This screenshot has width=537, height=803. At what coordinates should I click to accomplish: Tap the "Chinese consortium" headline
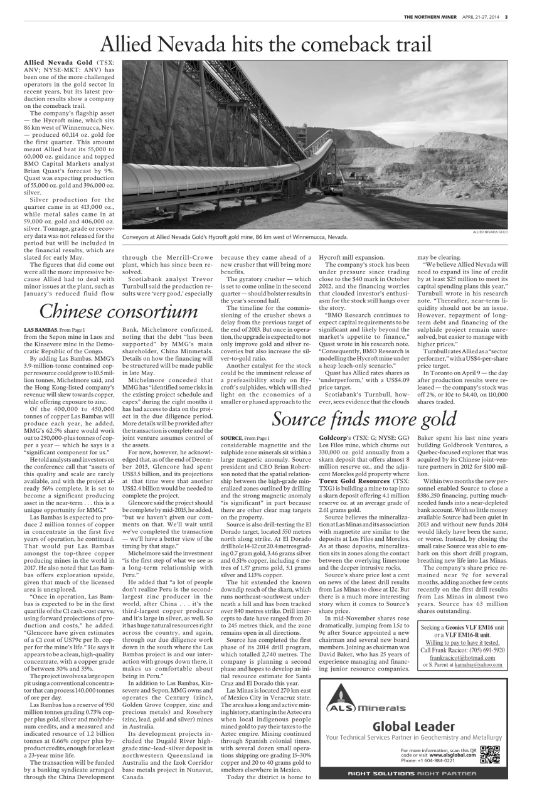(119, 311)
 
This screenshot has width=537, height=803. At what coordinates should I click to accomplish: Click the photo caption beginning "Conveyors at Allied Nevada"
(235, 237)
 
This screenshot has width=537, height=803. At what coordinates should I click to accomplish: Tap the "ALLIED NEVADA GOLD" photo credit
(490, 232)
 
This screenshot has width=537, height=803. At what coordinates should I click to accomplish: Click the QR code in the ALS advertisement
(490, 753)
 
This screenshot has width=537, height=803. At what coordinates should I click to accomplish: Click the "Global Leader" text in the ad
(414, 726)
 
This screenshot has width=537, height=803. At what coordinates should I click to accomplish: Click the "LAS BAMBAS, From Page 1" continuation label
(54, 329)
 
